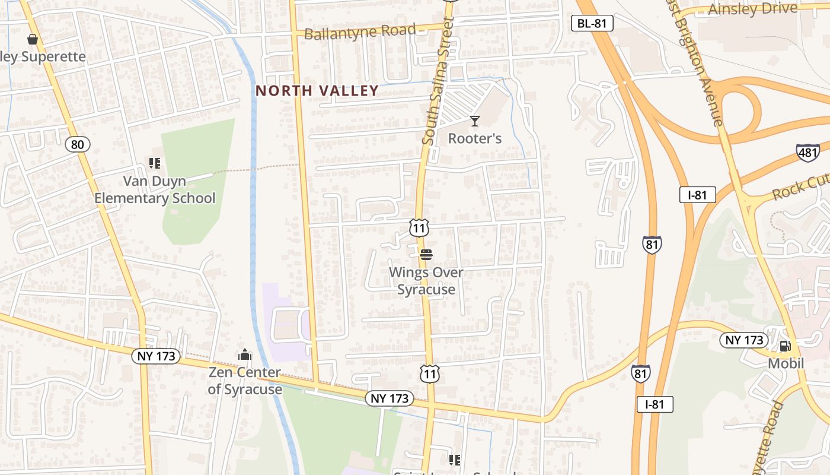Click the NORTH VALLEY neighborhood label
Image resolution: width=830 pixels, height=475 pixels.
point(317,91)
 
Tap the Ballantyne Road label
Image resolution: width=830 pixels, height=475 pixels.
point(360,31)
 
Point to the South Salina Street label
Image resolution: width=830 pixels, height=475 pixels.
point(438,80)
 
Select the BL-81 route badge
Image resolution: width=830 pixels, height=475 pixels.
point(592,23)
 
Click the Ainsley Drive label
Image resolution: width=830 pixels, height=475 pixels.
point(753,8)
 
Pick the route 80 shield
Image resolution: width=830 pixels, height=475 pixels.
point(78,144)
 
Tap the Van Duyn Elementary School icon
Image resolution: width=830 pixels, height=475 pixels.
point(155,163)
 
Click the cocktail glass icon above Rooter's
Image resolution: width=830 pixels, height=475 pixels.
point(474,121)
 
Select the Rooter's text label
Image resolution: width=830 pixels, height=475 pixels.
point(474,139)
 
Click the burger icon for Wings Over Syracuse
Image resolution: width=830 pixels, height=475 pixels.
point(426,255)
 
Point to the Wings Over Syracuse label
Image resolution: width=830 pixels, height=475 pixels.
point(426,281)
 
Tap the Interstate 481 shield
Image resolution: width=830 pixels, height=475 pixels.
point(808,152)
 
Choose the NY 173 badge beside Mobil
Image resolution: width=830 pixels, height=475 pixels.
point(744,340)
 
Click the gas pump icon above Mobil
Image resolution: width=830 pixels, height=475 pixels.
point(786,346)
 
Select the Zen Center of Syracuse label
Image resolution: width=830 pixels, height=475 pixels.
point(245,381)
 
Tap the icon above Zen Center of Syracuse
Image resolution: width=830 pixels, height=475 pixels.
point(245,354)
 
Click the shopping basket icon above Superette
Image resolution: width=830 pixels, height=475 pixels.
point(33,39)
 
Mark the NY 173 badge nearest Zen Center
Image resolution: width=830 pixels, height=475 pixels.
point(156,356)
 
